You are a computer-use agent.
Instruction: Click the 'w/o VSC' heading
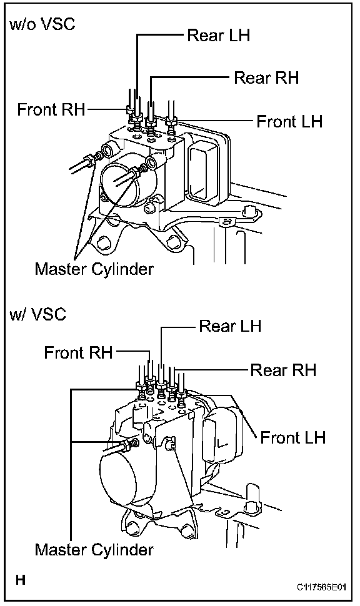[42, 24]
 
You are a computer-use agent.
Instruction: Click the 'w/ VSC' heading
[37, 314]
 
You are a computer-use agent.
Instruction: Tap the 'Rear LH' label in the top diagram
[219, 35]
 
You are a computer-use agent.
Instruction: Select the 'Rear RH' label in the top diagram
[266, 77]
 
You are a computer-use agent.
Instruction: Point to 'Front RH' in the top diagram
[51, 109]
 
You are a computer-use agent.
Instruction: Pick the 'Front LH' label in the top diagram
[289, 121]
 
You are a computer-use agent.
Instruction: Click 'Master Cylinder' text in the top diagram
[94, 269]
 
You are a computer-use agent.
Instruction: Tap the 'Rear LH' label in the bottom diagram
[230, 325]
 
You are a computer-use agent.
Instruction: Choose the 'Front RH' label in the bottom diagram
[78, 352]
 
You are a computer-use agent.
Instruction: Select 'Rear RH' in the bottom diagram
[283, 370]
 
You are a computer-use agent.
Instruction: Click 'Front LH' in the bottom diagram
[293, 437]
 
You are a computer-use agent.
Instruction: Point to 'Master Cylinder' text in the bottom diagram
[94, 549]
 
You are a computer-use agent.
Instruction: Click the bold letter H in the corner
[21, 580]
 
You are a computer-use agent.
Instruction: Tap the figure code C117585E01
[321, 587]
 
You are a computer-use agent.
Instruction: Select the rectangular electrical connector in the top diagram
[202, 167]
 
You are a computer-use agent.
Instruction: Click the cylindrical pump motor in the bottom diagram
[120, 479]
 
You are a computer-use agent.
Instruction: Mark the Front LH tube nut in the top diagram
[171, 121]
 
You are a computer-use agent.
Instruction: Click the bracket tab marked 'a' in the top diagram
[227, 222]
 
